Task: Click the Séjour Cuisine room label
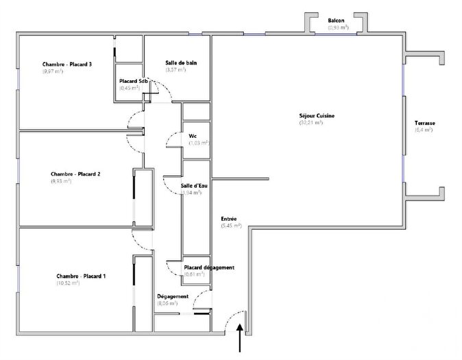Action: (317, 116)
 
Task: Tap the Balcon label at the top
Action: (337, 21)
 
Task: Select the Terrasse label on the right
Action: (424, 123)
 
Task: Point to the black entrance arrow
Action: (240, 339)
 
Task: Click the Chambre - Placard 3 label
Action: (67, 64)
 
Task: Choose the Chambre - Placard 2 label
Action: (75, 174)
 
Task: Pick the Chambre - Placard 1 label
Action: (80, 276)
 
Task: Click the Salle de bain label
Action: (181, 63)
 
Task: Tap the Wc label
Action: (193, 136)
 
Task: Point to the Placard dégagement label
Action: (209, 267)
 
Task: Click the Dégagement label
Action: (172, 296)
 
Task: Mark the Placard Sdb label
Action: (134, 81)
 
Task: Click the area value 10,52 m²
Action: (69, 283)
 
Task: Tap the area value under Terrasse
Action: (424, 130)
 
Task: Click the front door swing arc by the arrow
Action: (236, 317)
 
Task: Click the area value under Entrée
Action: (231, 225)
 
